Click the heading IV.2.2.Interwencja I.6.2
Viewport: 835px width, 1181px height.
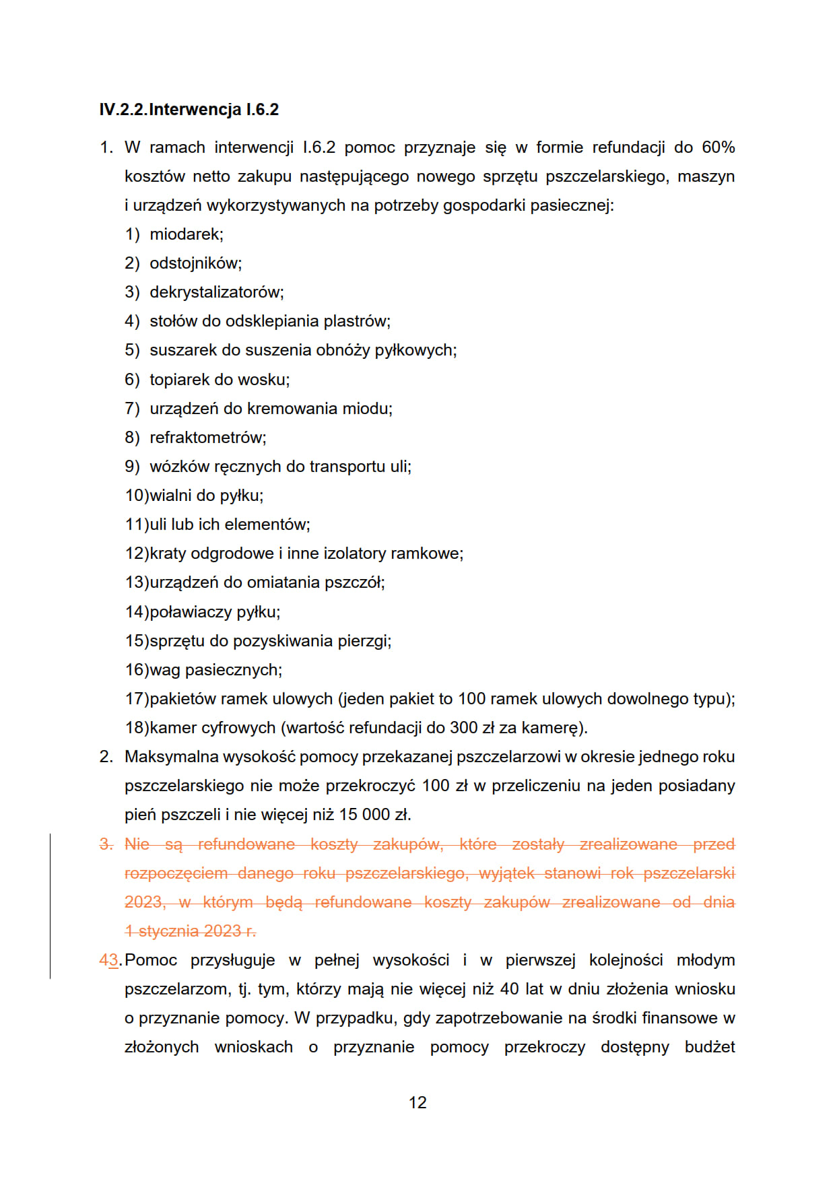point(189,110)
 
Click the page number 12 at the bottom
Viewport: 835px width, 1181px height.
point(417,1102)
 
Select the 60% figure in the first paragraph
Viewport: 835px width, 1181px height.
point(718,147)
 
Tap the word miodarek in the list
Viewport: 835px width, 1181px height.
point(185,234)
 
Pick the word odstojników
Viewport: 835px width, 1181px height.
point(195,263)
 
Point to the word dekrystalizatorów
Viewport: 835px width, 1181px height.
point(215,292)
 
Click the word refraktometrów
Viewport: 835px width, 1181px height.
point(207,438)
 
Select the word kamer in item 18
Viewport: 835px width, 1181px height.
point(170,728)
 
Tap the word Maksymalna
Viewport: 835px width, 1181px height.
point(171,757)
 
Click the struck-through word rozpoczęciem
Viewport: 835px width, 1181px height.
point(176,873)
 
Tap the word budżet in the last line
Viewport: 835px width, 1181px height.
point(709,1047)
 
